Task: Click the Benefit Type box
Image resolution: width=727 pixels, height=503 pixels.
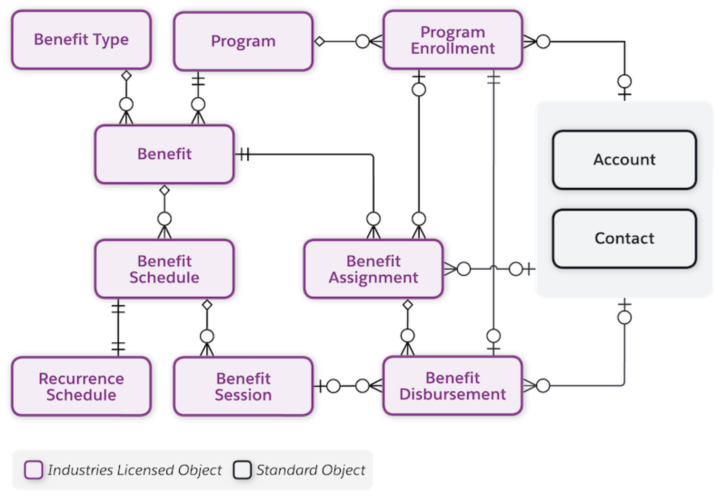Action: click(x=81, y=40)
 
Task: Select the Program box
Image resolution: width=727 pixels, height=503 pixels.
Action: click(x=243, y=41)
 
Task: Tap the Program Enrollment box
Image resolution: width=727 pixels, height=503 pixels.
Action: click(x=453, y=40)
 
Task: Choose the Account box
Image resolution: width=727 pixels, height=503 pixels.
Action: click(x=624, y=160)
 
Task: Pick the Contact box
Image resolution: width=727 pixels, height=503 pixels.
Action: click(x=624, y=238)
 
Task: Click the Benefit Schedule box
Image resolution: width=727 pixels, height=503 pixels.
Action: click(x=164, y=269)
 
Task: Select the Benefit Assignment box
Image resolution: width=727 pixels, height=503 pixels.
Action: click(x=373, y=269)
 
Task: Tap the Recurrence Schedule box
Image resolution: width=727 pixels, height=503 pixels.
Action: click(x=81, y=386)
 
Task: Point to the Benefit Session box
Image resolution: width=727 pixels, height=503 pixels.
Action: click(x=243, y=386)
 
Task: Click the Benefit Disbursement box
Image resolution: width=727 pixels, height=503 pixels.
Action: click(x=453, y=386)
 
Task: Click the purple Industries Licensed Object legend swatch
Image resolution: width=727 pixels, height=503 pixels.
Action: click(x=34, y=470)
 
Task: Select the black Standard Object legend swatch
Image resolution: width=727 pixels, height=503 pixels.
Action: click(x=242, y=470)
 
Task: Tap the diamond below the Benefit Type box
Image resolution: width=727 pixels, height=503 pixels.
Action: click(x=126, y=76)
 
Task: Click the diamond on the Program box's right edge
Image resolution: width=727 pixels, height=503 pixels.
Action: click(x=320, y=41)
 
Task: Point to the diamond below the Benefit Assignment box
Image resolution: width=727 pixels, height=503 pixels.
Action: click(x=408, y=305)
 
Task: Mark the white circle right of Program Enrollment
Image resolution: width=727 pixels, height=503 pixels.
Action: click(x=543, y=41)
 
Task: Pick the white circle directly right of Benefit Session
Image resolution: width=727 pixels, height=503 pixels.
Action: click(x=334, y=386)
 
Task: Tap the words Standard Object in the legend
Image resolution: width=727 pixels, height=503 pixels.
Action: click(x=311, y=470)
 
